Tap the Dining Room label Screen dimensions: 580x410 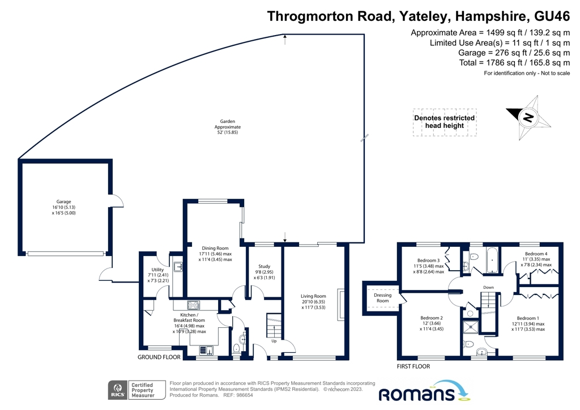(x=215, y=248)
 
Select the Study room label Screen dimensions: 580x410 (x=264, y=266)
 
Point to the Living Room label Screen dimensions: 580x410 (x=313, y=296)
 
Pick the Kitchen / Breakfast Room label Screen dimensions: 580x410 (x=189, y=315)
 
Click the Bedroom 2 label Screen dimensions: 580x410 (x=432, y=318)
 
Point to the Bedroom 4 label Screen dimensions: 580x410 (x=536, y=254)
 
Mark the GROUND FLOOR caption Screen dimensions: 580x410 (x=159, y=357)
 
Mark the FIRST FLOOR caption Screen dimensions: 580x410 (x=413, y=366)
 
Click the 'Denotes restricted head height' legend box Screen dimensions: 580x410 (x=445, y=122)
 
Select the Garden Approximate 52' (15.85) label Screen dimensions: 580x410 (x=228, y=127)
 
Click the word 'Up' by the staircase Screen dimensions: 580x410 (x=274, y=341)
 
